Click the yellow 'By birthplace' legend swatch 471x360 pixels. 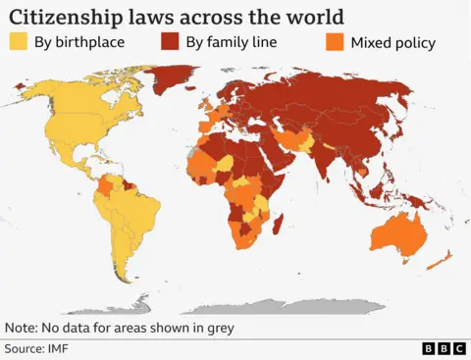tap(19, 42)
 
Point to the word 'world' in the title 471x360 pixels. tap(303, 16)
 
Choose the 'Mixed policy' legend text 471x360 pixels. tap(392, 42)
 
